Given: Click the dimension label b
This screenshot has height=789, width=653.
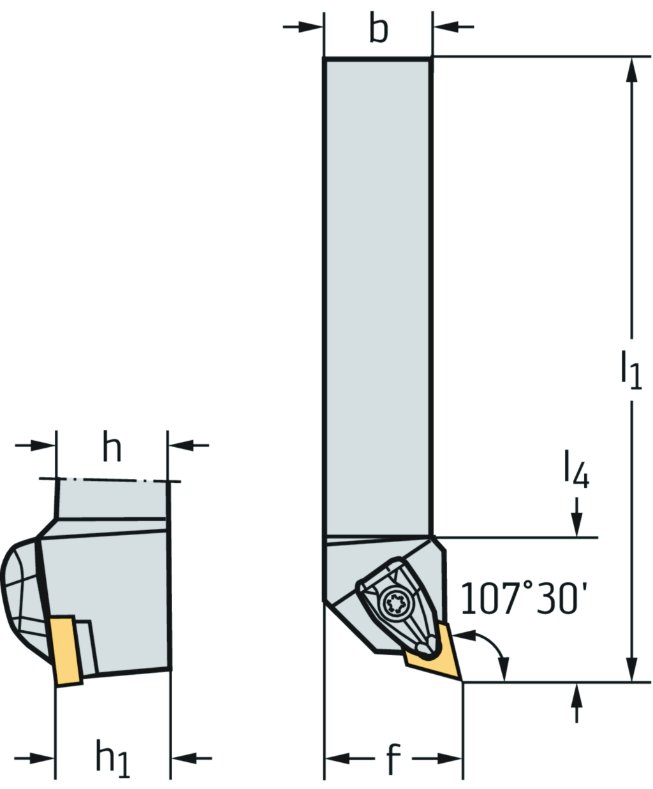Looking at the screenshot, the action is pos(379,28).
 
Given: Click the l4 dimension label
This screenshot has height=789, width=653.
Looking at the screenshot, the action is pos(576,469).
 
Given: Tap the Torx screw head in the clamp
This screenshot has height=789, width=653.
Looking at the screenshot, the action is pos(395,601).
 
